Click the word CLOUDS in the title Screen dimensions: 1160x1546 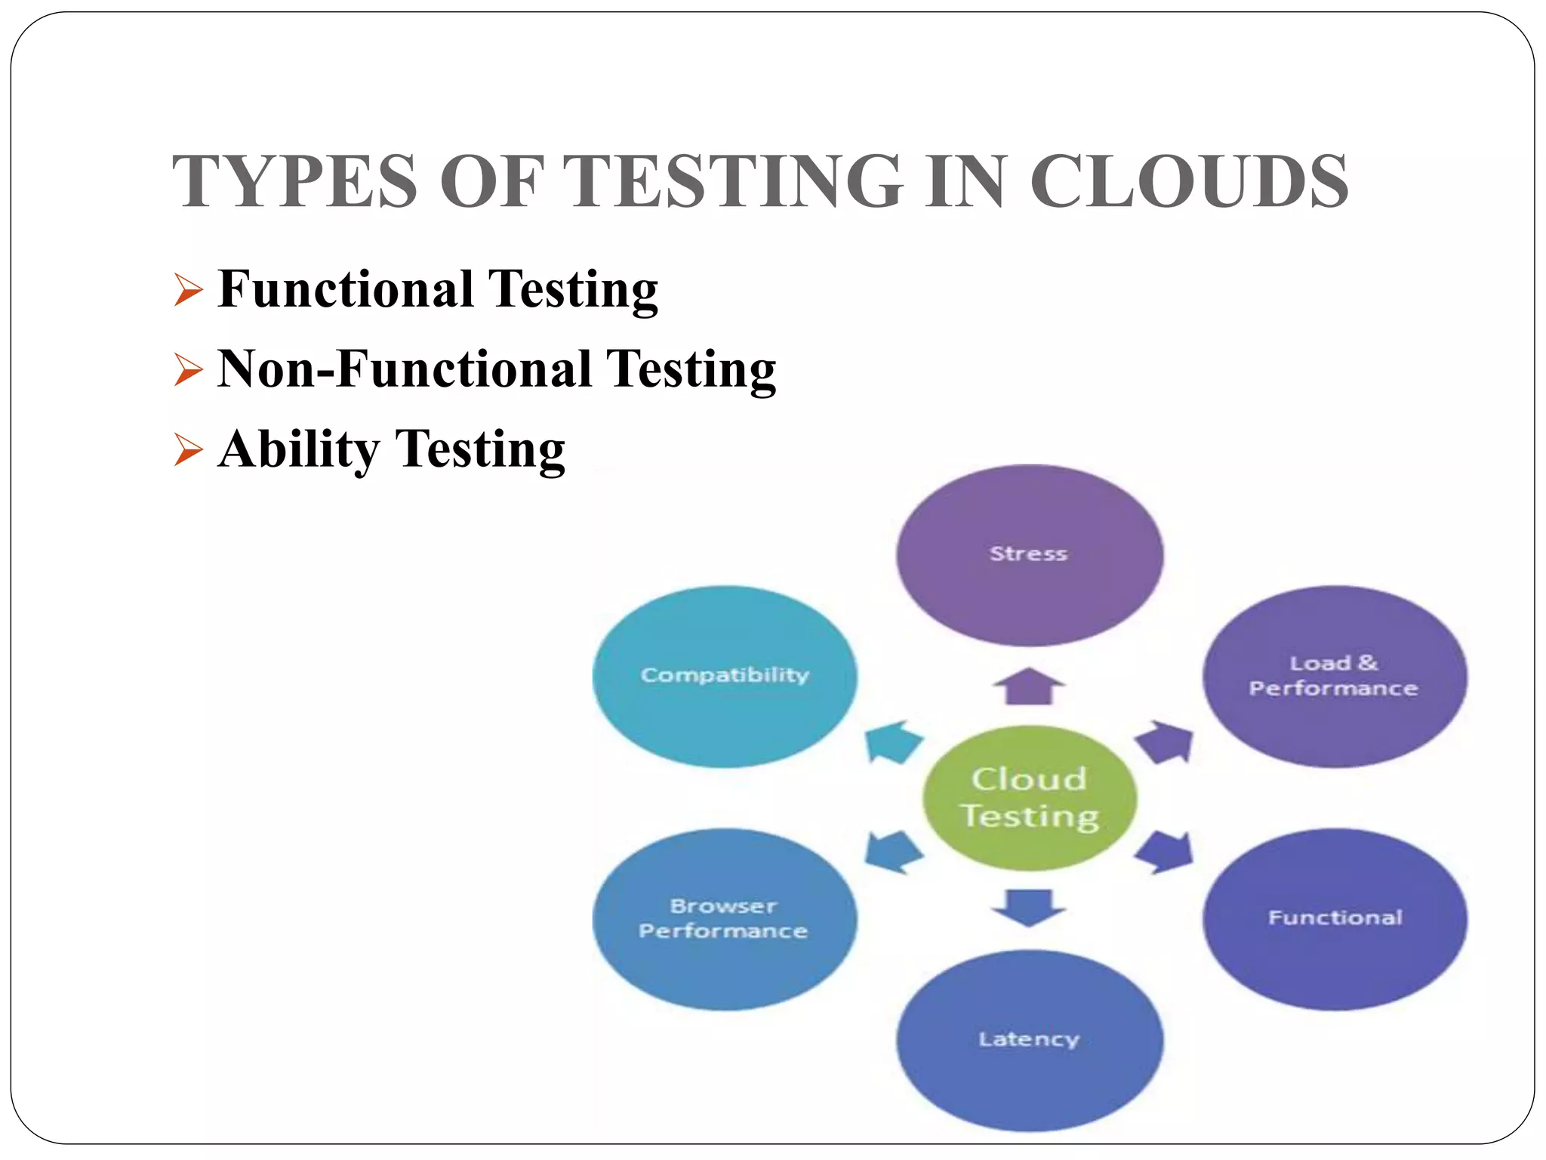1190,182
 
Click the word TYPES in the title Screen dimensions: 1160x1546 294,182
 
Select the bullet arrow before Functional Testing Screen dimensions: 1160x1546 188,290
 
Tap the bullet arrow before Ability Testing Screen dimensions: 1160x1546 188,450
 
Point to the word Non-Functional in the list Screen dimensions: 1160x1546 404,369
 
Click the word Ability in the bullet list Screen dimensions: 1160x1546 298,450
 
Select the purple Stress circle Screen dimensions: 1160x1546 1029,555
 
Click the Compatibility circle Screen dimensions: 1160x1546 725,677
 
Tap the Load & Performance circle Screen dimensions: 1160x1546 1334,677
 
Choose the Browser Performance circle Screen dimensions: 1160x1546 725,919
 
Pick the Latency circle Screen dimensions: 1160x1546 1029,1040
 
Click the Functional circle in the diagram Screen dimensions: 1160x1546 1334,919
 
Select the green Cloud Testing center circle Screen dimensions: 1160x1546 1029,798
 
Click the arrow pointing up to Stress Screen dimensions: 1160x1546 1029,686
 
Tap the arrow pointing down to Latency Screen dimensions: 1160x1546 1029,906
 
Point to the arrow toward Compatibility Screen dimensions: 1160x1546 892,742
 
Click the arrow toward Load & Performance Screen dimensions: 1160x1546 1165,742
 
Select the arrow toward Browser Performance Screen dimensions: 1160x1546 892,853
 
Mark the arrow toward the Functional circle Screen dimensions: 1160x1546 1165,853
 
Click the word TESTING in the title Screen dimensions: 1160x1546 733,182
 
